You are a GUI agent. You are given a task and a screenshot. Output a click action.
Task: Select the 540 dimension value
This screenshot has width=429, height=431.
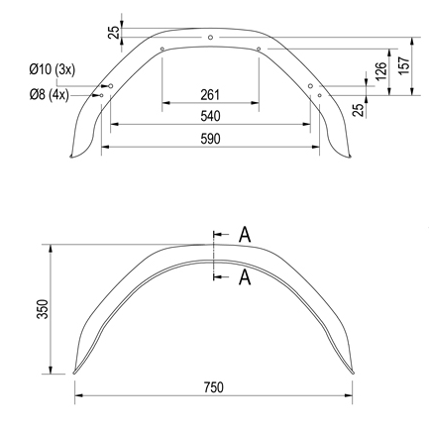[209, 116]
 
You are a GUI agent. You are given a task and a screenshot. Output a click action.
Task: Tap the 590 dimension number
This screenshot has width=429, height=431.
[209, 139]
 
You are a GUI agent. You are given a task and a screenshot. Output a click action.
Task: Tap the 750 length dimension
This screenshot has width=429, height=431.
[212, 386]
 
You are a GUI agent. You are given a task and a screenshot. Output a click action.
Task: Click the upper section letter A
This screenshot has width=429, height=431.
[244, 235]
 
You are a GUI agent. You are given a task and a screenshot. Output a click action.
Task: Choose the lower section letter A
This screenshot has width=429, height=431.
[244, 278]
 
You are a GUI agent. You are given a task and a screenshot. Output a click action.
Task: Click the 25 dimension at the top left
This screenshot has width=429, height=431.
[113, 33]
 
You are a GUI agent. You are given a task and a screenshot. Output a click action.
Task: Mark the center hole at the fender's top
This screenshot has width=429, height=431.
[211, 38]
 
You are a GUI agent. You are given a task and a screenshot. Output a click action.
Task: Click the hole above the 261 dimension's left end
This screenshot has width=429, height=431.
[162, 48]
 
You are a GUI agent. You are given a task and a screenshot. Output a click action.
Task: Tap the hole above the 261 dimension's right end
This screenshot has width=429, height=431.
[258, 48]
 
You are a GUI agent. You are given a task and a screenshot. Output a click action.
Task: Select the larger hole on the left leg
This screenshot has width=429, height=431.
[111, 86]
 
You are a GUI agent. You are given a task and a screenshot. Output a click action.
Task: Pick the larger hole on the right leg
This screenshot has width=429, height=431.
[311, 86]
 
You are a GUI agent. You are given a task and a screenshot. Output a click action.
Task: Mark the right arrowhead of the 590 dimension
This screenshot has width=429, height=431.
[319, 147]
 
